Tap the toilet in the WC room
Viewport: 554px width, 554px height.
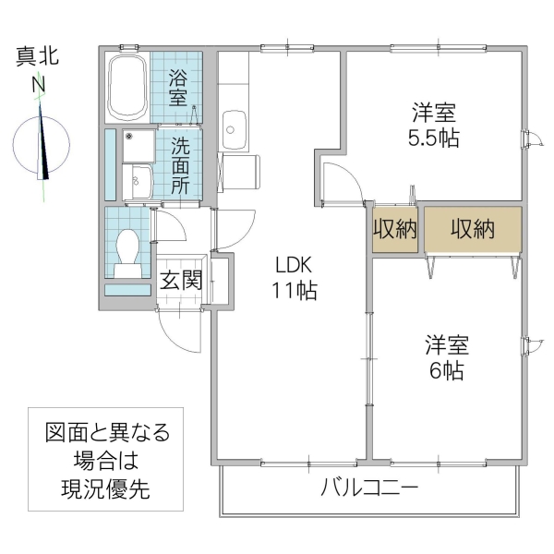(x=128, y=249)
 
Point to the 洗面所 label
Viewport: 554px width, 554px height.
(x=179, y=165)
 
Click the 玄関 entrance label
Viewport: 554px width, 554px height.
(x=181, y=280)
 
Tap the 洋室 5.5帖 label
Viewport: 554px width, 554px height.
(x=435, y=127)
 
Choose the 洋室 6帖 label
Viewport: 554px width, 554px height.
(x=446, y=358)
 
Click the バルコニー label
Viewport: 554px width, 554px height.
(x=369, y=488)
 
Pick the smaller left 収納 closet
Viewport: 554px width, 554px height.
(x=395, y=230)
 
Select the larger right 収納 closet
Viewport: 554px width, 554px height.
(x=473, y=230)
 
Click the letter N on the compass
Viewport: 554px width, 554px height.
(x=40, y=85)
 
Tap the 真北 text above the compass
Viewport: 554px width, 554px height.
(x=39, y=57)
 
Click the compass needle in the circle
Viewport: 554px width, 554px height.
(x=44, y=143)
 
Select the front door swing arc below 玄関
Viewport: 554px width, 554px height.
(x=177, y=331)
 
